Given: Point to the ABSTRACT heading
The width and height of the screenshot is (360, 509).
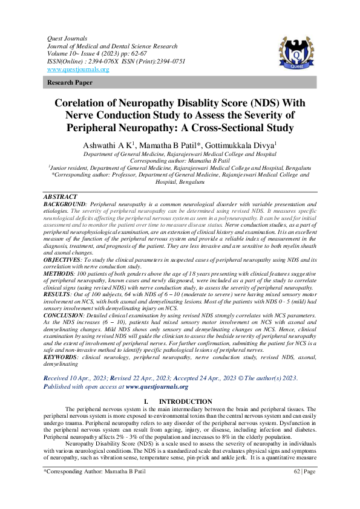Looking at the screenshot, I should (61, 197).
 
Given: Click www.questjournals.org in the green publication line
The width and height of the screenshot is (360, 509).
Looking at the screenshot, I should (157, 387).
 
